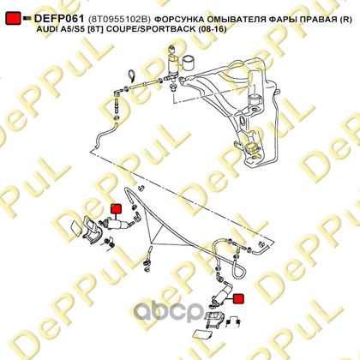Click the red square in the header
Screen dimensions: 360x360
click(x=13, y=18)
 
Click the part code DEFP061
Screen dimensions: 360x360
click(x=59, y=19)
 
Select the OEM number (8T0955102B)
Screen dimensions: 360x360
click(x=119, y=20)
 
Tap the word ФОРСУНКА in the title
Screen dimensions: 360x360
click(x=177, y=20)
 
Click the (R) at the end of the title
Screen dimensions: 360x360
click(x=345, y=20)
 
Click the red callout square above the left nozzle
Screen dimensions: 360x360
click(x=116, y=209)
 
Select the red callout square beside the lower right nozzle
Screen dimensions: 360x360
click(x=238, y=298)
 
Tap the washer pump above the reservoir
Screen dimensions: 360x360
click(x=173, y=65)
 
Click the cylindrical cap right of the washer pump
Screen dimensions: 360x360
click(x=188, y=63)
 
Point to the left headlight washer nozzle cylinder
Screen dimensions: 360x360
click(x=117, y=223)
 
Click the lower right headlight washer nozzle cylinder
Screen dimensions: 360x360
click(x=222, y=295)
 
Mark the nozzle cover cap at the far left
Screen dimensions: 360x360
click(x=75, y=229)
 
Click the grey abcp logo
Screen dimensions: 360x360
click(x=169, y=309)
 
